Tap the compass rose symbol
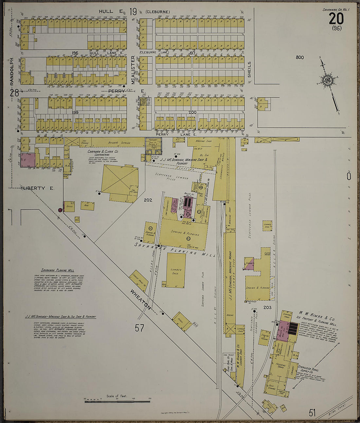(328, 80)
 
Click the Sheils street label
(249, 69)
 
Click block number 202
(148, 200)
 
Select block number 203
(267, 307)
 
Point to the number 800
(299, 58)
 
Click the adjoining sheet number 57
(139, 327)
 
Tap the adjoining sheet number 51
(312, 413)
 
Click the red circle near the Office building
(60, 210)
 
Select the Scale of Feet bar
(117, 401)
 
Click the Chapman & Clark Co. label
(103, 152)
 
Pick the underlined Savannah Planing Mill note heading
(58, 270)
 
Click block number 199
(76, 112)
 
